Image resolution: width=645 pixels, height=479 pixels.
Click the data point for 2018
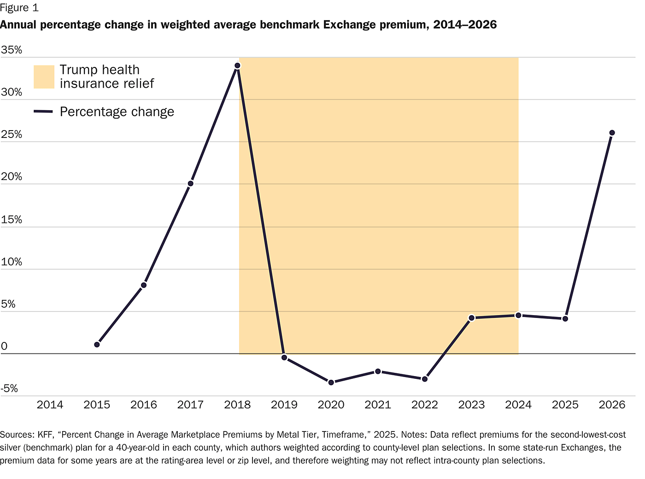(x=237, y=66)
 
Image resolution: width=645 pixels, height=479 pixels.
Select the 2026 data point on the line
(x=612, y=133)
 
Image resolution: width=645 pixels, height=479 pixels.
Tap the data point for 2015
(x=97, y=345)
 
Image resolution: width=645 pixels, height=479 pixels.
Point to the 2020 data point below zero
(x=331, y=382)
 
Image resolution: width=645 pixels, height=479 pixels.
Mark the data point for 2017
(x=190, y=184)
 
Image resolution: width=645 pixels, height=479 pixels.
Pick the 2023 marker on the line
(x=471, y=318)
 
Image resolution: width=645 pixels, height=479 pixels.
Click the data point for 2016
(x=144, y=285)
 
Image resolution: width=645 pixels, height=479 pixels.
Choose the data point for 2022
(x=425, y=379)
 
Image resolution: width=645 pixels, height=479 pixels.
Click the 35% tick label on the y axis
(x=12, y=50)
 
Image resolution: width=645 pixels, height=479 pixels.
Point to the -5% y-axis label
(x=9, y=389)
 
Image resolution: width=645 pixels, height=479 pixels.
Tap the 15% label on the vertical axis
(x=12, y=220)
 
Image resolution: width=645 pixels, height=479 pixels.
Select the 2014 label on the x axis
(x=50, y=405)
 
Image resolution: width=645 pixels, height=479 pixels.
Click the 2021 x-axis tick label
(x=378, y=405)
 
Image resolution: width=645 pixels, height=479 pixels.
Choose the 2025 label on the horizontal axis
(x=565, y=405)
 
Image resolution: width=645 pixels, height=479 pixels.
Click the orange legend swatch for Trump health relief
(x=44, y=77)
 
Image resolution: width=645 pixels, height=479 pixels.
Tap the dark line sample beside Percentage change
(x=44, y=112)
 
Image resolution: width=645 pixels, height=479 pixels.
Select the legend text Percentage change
(x=117, y=112)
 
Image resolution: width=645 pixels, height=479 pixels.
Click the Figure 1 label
(x=19, y=8)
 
